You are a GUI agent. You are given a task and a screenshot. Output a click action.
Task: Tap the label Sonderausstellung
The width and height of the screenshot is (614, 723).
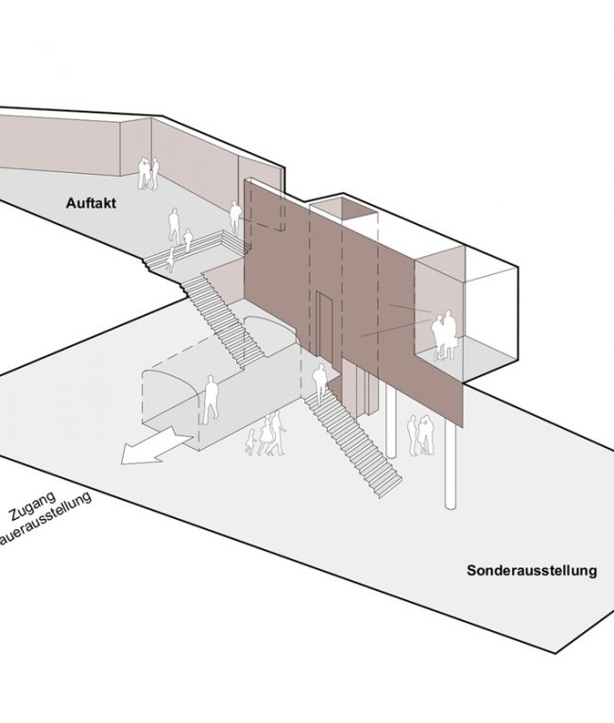[532, 571]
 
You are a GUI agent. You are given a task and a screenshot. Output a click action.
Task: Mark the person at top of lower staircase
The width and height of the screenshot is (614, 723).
[321, 384]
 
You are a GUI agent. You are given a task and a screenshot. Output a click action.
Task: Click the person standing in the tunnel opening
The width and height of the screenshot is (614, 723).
[209, 400]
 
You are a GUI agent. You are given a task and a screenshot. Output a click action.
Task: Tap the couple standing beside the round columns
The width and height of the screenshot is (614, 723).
[420, 435]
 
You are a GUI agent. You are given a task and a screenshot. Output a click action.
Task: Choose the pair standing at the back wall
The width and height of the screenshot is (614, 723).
[146, 173]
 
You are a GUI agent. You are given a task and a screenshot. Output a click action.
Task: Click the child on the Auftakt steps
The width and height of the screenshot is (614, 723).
[171, 258]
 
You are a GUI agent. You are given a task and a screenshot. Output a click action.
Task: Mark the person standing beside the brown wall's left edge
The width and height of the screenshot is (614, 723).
[233, 221]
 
